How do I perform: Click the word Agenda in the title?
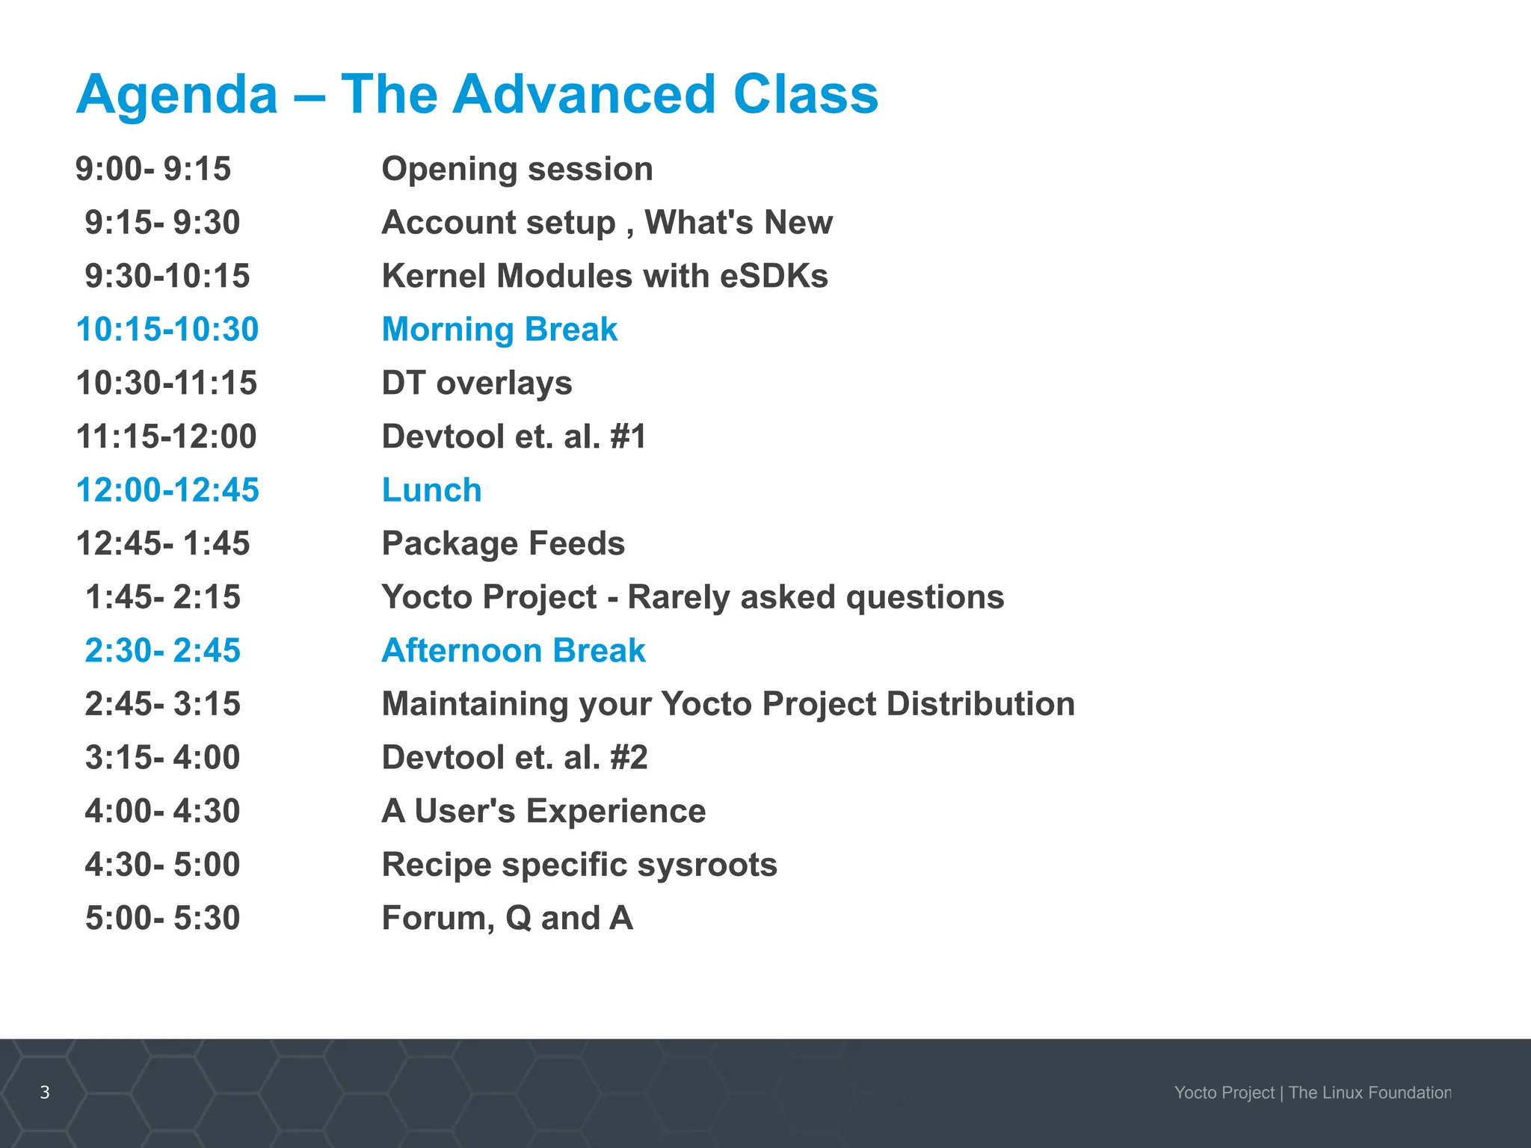pyautogui.click(x=177, y=95)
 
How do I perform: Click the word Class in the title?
pyautogui.click(x=805, y=95)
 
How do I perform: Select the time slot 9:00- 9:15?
pyautogui.click(x=153, y=169)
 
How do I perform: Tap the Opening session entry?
pyautogui.click(x=517, y=169)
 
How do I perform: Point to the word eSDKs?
pyautogui.click(x=774, y=276)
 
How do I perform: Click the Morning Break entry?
pyautogui.click(x=499, y=330)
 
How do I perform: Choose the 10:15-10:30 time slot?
pyautogui.click(x=167, y=330)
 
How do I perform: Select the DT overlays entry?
pyautogui.click(x=477, y=383)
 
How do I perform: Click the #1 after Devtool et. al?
pyautogui.click(x=628, y=436)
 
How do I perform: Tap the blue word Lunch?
pyautogui.click(x=431, y=490)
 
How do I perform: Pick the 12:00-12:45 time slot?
pyautogui.click(x=167, y=490)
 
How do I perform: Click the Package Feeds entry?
pyautogui.click(x=503, y=543)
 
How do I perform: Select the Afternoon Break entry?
pyautogui.click(x=514, y=650)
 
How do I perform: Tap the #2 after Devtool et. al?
pyautogui.click(x=629, y=758)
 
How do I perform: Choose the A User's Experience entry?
pyautogui.click(x=543, y=811)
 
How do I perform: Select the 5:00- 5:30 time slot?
pyautogui.click(x=162, y=918)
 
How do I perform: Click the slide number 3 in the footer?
pyautogui.click(x=45, y=1092)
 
